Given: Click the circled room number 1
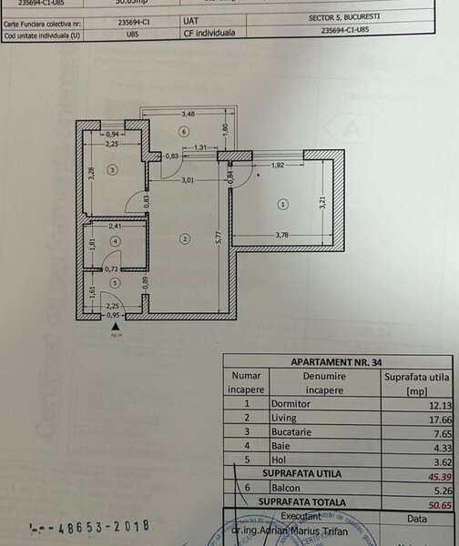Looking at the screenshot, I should [283, 204].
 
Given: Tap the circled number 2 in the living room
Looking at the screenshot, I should [184, 239].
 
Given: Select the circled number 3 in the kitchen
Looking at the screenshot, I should [112, 169].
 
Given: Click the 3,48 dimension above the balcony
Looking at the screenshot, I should [188, 114].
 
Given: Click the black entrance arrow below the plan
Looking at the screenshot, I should [114, 325].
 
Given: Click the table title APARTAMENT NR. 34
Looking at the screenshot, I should [340, 360].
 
